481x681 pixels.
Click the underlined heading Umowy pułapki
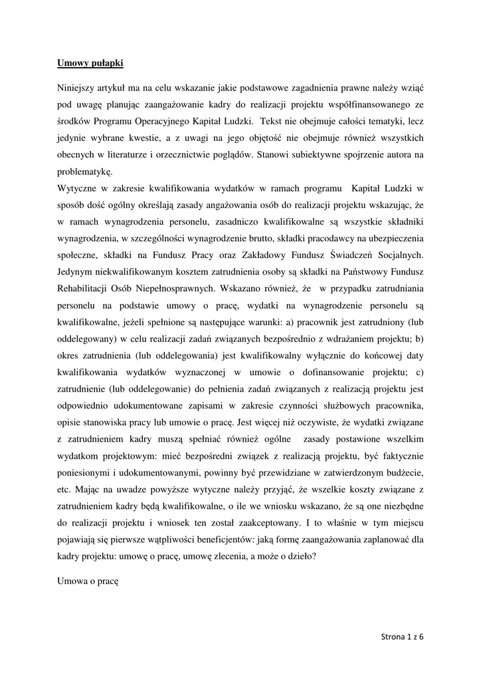click(x=90, y=64)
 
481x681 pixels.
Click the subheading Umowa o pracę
click(x=87, y=581)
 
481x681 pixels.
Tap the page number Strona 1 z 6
click(x=403, y=636)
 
